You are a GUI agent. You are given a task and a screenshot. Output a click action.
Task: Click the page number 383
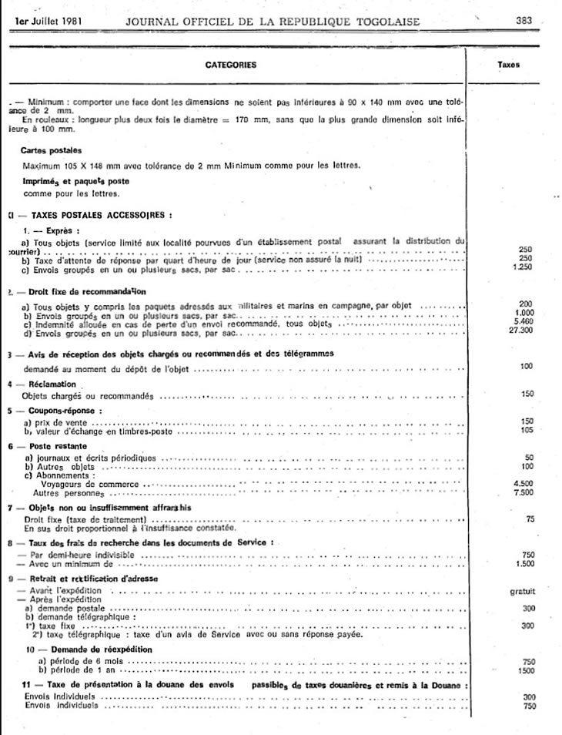[525, 22]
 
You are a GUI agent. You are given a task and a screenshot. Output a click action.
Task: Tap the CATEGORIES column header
[231, 65]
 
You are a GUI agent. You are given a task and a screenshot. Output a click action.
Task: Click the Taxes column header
[509, 65]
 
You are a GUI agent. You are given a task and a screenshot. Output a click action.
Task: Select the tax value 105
[527, 430]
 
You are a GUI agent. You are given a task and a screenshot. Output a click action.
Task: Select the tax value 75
[530, 519]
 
